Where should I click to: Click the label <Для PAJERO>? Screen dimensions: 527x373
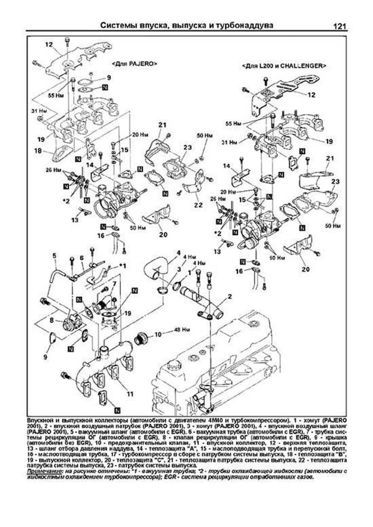(x=134, y=63)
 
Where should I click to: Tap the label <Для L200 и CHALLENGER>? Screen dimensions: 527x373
(x=284, y=66)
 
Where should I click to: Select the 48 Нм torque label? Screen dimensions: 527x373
(x=182, y=329)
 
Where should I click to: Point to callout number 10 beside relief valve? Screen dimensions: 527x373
(x=158, y=334)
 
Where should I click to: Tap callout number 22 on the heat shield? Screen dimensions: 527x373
(x=198, y=205)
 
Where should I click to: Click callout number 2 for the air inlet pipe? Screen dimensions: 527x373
(x=230, y=296)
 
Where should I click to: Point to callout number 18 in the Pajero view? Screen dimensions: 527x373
(x=38, y=151)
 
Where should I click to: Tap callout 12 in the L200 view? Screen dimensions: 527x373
(x=311, y=95)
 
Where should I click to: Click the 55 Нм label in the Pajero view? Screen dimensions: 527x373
(x=56, y=95)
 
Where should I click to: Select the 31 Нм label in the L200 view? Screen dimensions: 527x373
(x=230, y=142)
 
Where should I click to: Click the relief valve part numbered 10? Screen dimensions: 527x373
(x=141, y=338)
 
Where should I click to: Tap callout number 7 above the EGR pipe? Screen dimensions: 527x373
(x=114, y=284)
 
